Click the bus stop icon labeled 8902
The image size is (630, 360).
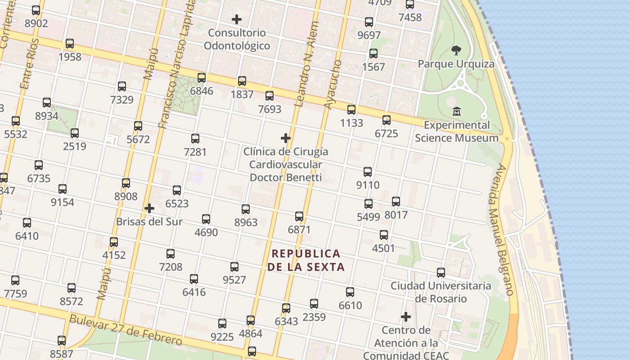36,10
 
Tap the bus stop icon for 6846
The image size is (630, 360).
201,78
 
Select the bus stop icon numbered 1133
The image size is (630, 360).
351,109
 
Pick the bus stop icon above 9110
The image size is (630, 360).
368,171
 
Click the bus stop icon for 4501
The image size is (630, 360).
383,235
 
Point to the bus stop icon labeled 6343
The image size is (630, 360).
286,308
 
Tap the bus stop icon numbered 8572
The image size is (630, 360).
71,288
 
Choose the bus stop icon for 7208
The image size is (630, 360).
171,254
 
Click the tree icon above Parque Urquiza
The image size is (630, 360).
456,50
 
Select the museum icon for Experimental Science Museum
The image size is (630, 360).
457,111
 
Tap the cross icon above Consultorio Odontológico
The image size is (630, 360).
236,19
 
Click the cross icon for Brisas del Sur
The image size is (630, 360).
149,208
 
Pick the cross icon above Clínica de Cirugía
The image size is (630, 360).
285,138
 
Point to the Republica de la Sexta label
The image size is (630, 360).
306,260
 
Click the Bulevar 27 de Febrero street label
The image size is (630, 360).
126,330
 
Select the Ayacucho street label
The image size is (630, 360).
333,85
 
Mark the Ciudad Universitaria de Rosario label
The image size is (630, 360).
441,292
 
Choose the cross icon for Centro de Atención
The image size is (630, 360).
406,317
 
